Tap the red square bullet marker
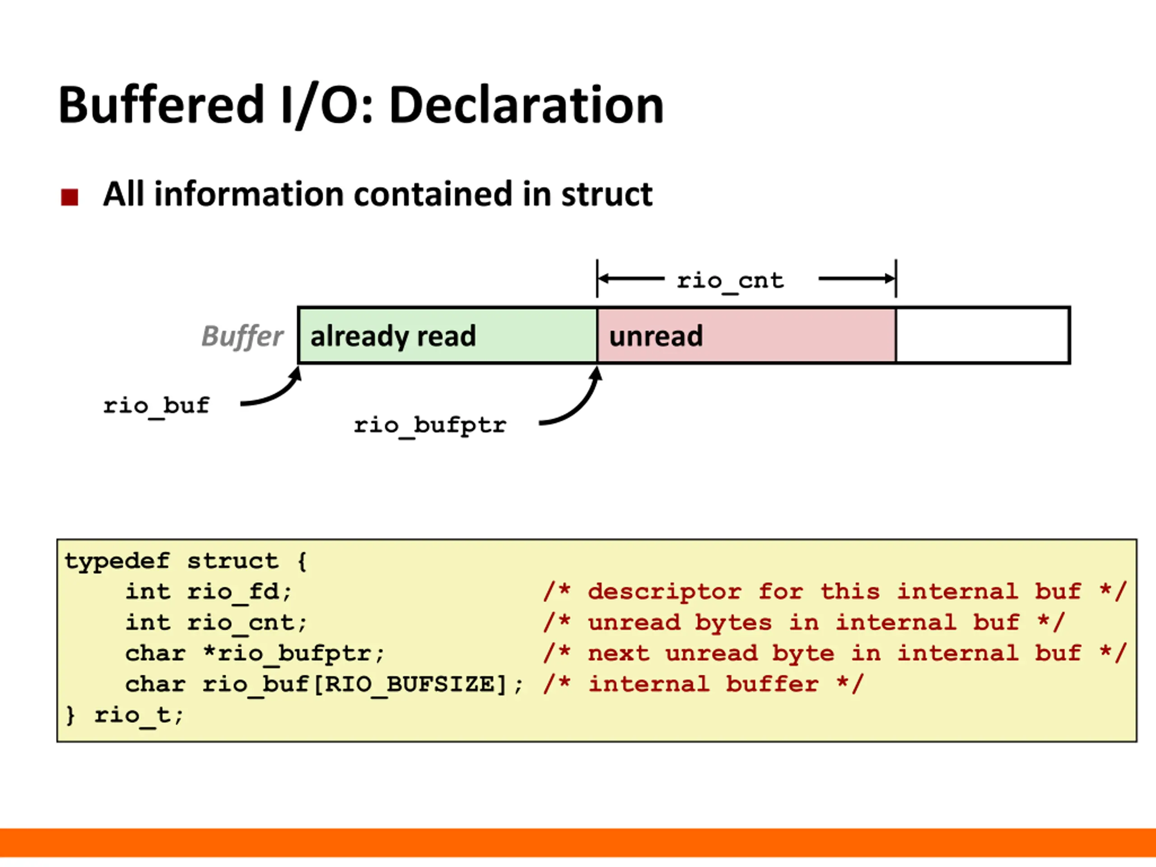70,197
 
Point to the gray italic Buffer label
242,336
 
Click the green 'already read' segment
448,335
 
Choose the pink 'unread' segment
746,335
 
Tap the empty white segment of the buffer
982,335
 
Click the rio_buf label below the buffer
156,406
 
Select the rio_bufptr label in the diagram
430,426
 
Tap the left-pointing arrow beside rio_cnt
631,279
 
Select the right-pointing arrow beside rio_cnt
857,279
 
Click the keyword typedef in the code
117,561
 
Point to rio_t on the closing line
133,715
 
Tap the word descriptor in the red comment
664,592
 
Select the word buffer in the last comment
772,685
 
